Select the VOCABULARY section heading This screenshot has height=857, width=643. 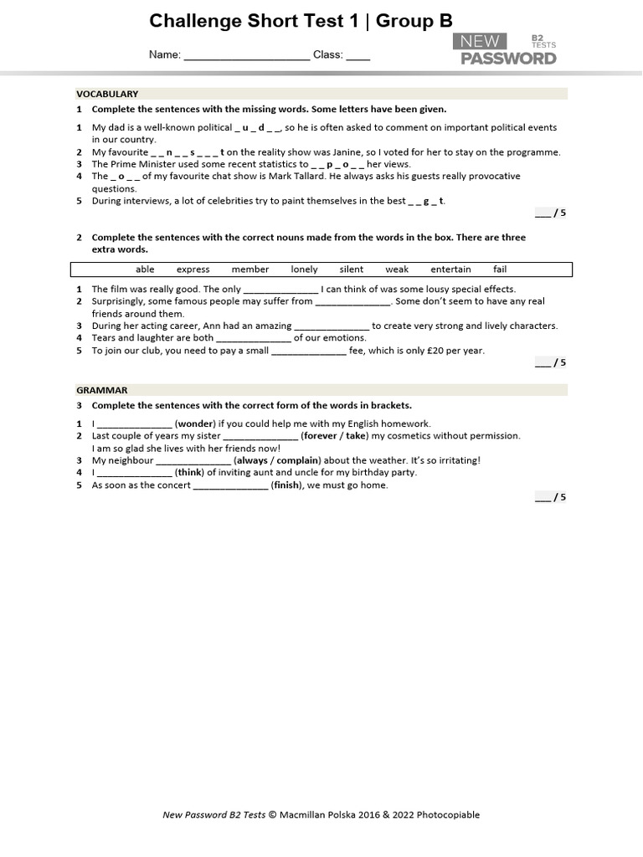tap(107, 94)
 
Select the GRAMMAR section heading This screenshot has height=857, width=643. tap(102, 390)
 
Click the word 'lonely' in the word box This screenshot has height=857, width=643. tap(305, 269)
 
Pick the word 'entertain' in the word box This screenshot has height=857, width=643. tap(450, 269)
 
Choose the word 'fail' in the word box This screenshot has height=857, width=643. tap(500, 269)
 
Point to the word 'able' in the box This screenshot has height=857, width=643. tap(145, 269)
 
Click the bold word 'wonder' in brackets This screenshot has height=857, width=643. tap(195, 423)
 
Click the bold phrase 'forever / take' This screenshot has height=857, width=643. tap(334, 436)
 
